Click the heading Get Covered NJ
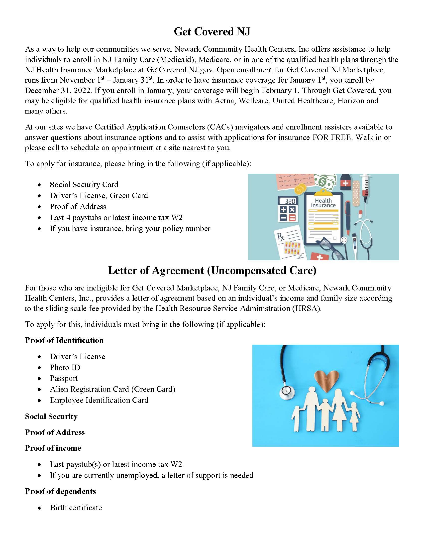tap(212, 32)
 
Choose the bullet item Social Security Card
tap(84, 184)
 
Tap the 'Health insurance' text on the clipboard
tap(323, 203)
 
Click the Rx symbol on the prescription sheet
tap(281, 237)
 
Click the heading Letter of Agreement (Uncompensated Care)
tap(212, 271)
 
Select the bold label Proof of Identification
tap(64, 340)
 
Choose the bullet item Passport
tap(64, 378)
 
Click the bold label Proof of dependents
tap(61, 491)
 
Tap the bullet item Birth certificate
tap(76, 508)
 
